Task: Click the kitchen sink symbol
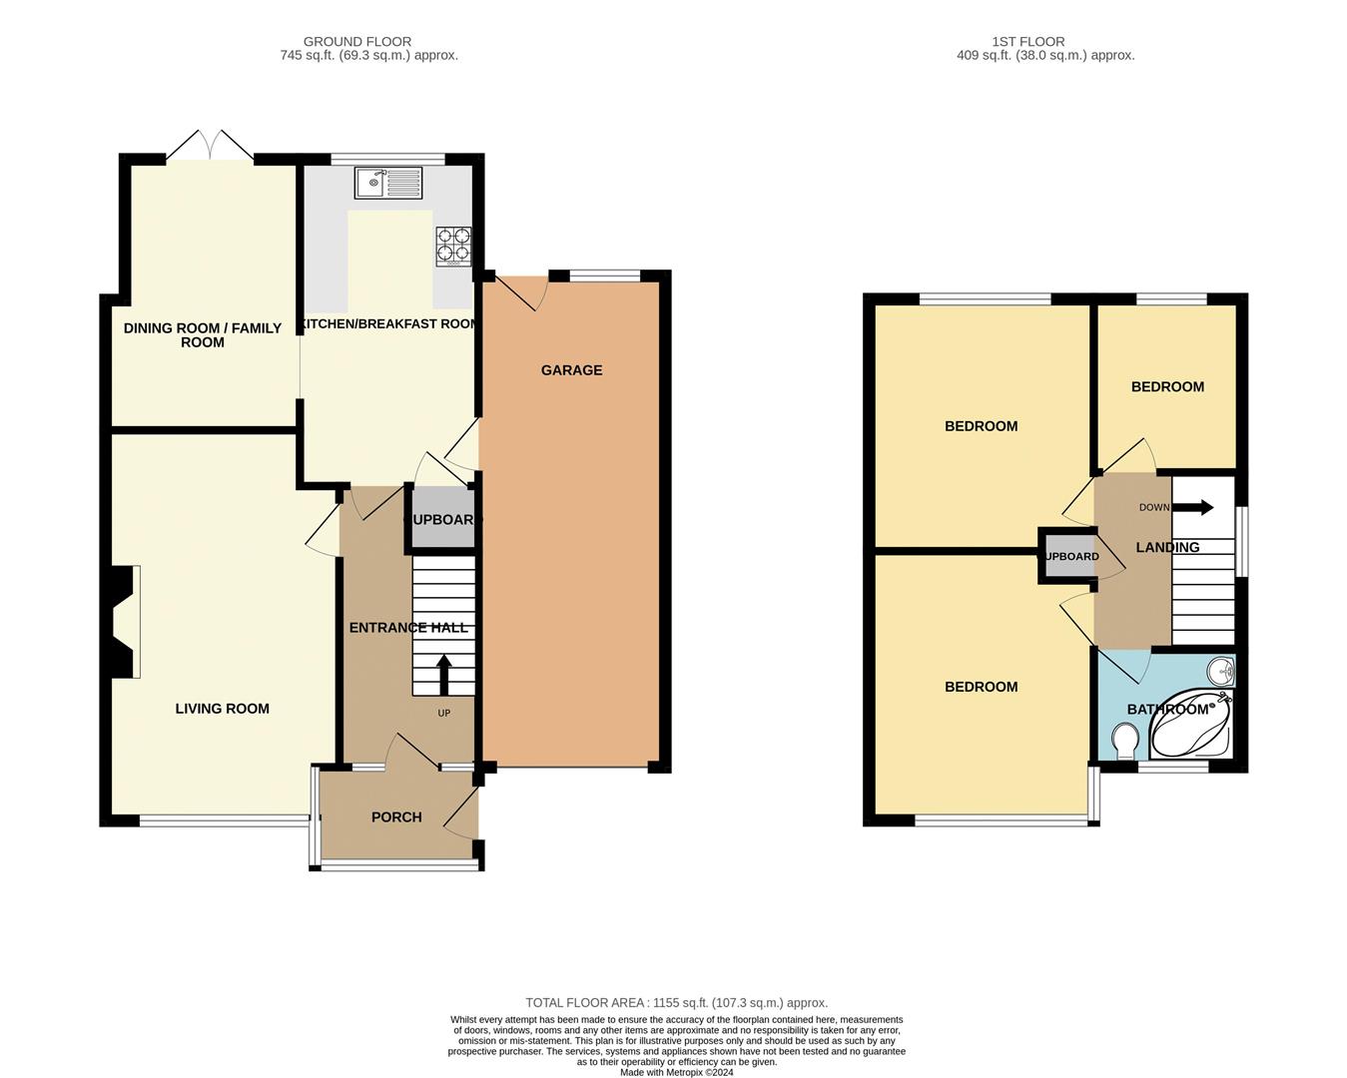388,183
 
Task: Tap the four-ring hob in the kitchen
453,247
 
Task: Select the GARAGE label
571,370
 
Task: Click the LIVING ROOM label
223,709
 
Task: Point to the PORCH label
396,817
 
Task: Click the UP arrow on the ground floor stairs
443,675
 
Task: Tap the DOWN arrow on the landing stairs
1192,507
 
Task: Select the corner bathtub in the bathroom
1191,725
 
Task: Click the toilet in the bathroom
1126,741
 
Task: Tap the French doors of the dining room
211,145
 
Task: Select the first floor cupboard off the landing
1071,556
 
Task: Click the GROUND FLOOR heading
357,41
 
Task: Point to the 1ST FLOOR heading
1027,41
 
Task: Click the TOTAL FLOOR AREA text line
677,1003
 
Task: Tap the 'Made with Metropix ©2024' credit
677,1072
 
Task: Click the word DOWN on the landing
1154,507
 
